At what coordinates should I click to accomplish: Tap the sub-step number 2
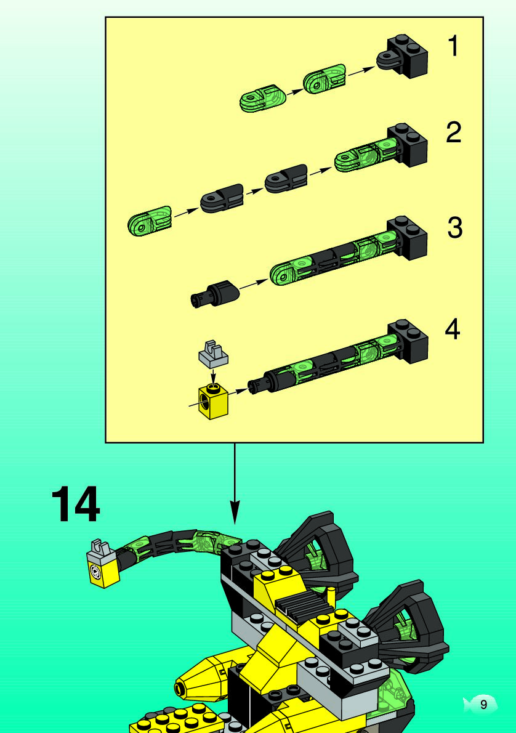(x=454, y=132)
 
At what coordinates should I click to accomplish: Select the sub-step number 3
(x=455, y=228)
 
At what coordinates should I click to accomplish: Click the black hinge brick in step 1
(x=403, y=55)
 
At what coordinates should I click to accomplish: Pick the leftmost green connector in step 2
(x=149, y=221)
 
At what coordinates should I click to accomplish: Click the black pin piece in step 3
(x=215, y=294)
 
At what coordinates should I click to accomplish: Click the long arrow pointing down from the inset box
(x=235, y=484)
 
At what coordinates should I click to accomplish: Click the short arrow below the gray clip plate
(x=213, y=375)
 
